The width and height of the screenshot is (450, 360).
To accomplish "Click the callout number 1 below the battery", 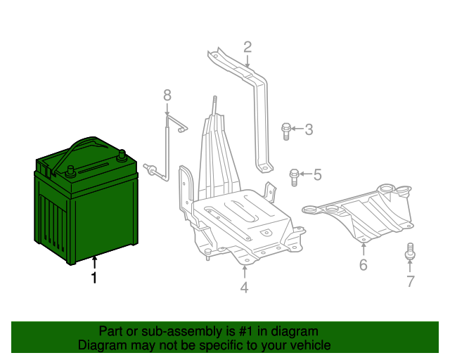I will coord(93,278).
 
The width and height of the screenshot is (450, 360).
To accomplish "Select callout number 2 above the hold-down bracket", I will coord(247,47).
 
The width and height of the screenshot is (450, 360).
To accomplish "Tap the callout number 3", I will coord(308,129).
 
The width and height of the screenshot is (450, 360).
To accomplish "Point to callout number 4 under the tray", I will coord(244,287).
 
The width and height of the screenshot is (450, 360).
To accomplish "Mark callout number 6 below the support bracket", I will coord(363,264).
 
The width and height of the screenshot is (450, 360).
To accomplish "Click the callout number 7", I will coord(410,282).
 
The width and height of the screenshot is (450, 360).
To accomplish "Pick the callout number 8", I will coord(167,95).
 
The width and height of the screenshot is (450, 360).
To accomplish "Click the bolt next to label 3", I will coord(286,130).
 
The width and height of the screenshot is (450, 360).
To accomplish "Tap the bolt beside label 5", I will coord(295,176).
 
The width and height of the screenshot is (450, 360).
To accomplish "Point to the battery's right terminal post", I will coord(122,154).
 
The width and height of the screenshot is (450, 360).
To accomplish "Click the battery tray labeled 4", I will coord(243,221).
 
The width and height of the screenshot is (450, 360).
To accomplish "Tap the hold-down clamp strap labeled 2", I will coord(256,98).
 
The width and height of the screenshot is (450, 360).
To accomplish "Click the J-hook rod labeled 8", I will coord(167,148).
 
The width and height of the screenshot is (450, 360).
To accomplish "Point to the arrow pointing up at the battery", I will coord(93,263).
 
